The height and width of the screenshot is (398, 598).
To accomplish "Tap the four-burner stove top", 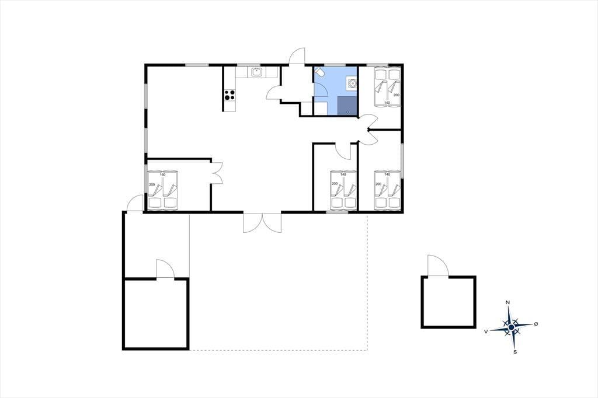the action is (x=230, y=95).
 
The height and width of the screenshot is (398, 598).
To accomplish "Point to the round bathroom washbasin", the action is (x=352, y=82).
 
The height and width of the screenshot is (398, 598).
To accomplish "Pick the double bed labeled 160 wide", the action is (x=164, y=190).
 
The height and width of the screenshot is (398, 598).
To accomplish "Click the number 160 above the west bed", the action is (x=163, y=174).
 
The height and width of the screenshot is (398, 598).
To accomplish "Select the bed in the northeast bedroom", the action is (x=387, y=87).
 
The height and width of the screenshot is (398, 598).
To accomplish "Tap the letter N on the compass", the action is (x=507, y=303).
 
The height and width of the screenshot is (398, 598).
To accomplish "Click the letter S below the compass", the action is (x=515, y=352).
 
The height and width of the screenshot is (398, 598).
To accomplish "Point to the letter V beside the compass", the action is (x=486, y=331).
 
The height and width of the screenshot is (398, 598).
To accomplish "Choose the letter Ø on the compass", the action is (x=536, y=324).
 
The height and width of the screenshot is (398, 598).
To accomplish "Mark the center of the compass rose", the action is (x=512, y=327).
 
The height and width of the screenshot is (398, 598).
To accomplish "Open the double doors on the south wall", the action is (x=262, y=222).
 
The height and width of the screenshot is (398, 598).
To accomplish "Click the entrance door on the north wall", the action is (x=297, y=57).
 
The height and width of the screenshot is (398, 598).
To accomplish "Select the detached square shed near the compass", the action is (x=448, y=302).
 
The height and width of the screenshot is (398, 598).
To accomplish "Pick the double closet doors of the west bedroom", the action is (x=217, y=173).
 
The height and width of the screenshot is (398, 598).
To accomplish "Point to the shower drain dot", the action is (x=347, y=111).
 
